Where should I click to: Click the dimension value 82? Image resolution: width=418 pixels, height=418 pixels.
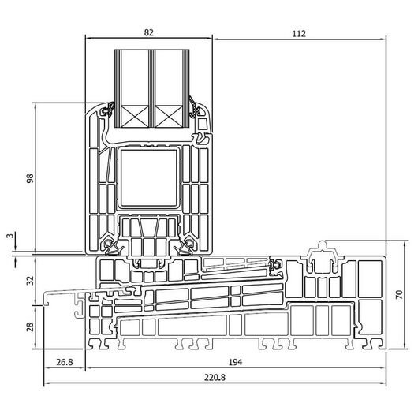[x=149, y=32]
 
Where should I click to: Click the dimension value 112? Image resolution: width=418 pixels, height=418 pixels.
[x=299, y=34]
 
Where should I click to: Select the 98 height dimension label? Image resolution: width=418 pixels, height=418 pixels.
[x=30, y=178]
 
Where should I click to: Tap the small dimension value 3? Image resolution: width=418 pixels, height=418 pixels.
[x=10, y=236]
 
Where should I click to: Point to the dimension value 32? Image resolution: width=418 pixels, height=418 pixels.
[x=30, y=281]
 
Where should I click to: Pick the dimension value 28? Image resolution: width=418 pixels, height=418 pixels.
[x=30, y=327]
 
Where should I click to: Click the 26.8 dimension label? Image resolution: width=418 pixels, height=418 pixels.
[x=64, y=362]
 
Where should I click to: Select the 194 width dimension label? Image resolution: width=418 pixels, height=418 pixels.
[x=235, y=362]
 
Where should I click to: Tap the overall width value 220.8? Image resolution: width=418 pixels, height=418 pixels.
[x=215, y=378]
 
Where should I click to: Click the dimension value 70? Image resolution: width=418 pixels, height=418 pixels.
[x=399, y=294]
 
